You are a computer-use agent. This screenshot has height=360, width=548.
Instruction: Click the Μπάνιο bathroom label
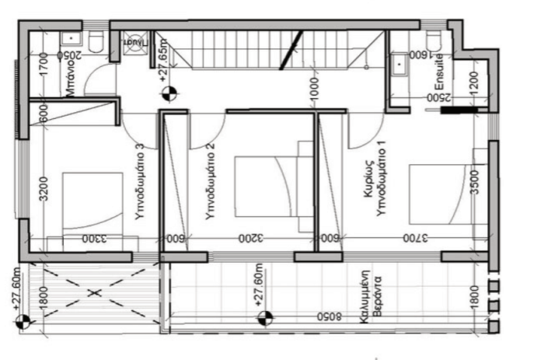[69, 80]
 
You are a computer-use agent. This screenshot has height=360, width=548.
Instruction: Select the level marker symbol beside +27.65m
[169, 94]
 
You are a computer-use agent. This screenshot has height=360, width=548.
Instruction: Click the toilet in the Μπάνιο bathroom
[97, 44]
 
